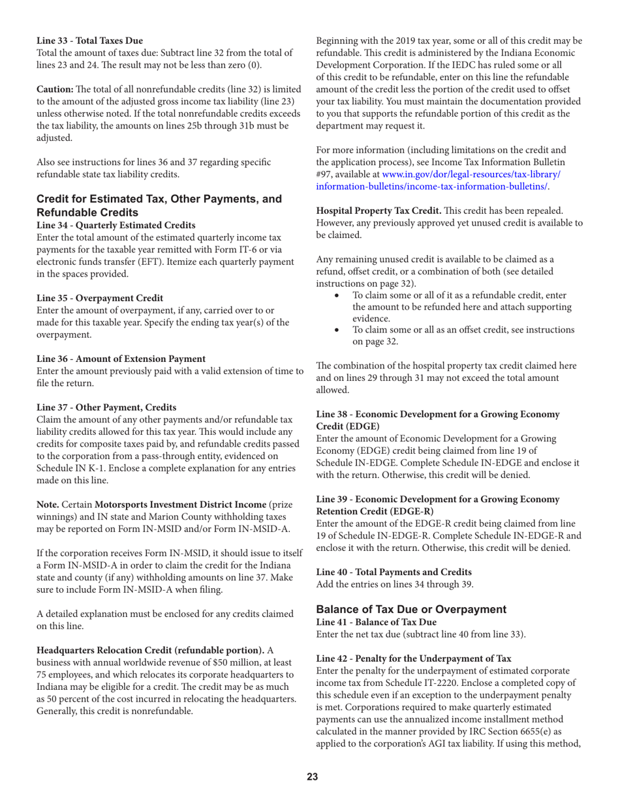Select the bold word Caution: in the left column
(x=55, y=87)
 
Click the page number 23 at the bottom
(x=309, y=775)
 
